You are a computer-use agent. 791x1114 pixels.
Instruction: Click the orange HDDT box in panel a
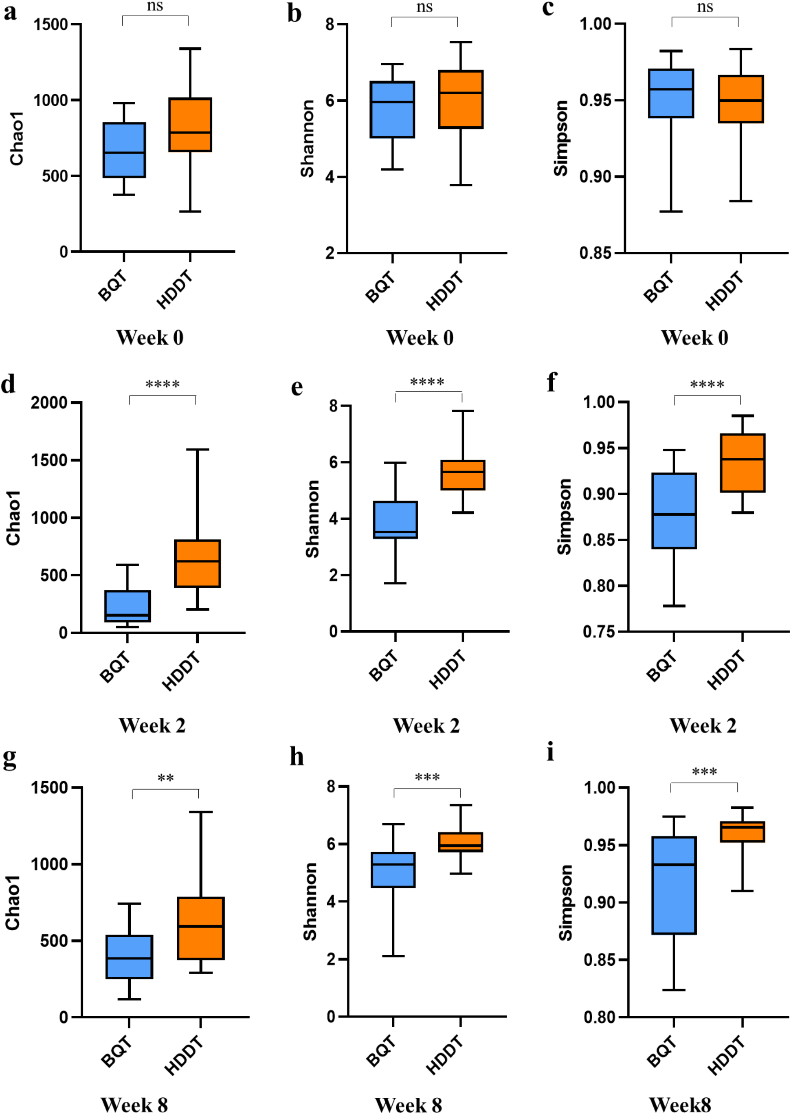click(190, 125)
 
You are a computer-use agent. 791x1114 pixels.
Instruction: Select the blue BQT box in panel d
click(127, 606)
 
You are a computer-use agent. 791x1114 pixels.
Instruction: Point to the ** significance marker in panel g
click(165, 778)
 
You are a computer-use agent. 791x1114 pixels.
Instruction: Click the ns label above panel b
click(424, 7)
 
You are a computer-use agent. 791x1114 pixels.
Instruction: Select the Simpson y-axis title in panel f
click(565, 516)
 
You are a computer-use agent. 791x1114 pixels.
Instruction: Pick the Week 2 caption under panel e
click(426, 726)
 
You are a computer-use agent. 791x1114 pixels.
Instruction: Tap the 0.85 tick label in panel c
click(595, 253)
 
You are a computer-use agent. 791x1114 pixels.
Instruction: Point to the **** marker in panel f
click(707, 385)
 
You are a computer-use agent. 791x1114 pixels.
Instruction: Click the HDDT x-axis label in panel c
click(725, 291)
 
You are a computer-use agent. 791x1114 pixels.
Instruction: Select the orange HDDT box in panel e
click(463, 475)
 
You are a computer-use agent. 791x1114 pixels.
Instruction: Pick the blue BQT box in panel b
click(392, 110)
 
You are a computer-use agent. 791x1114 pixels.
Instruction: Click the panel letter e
click(297, 388)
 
